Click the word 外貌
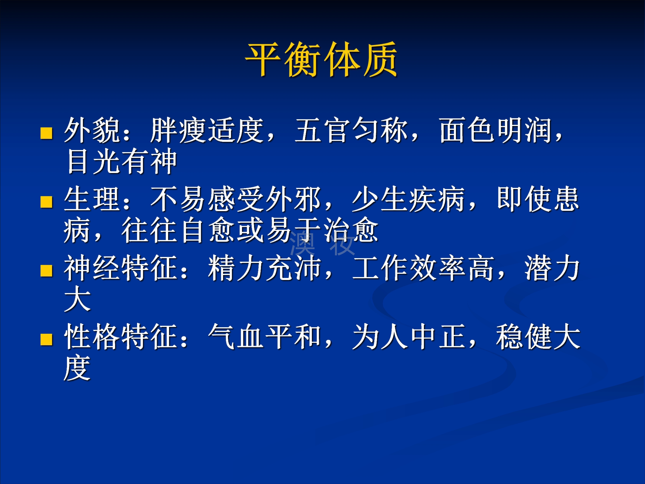click(91, 130)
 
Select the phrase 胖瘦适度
click(207, 130)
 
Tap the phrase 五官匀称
click(351, 130)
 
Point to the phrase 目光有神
click(122, 161)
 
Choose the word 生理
click(91, 199)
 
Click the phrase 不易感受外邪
click(236, 199)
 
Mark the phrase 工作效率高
click(423, 268)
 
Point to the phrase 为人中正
click(408, 337)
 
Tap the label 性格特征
click(120, 337)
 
